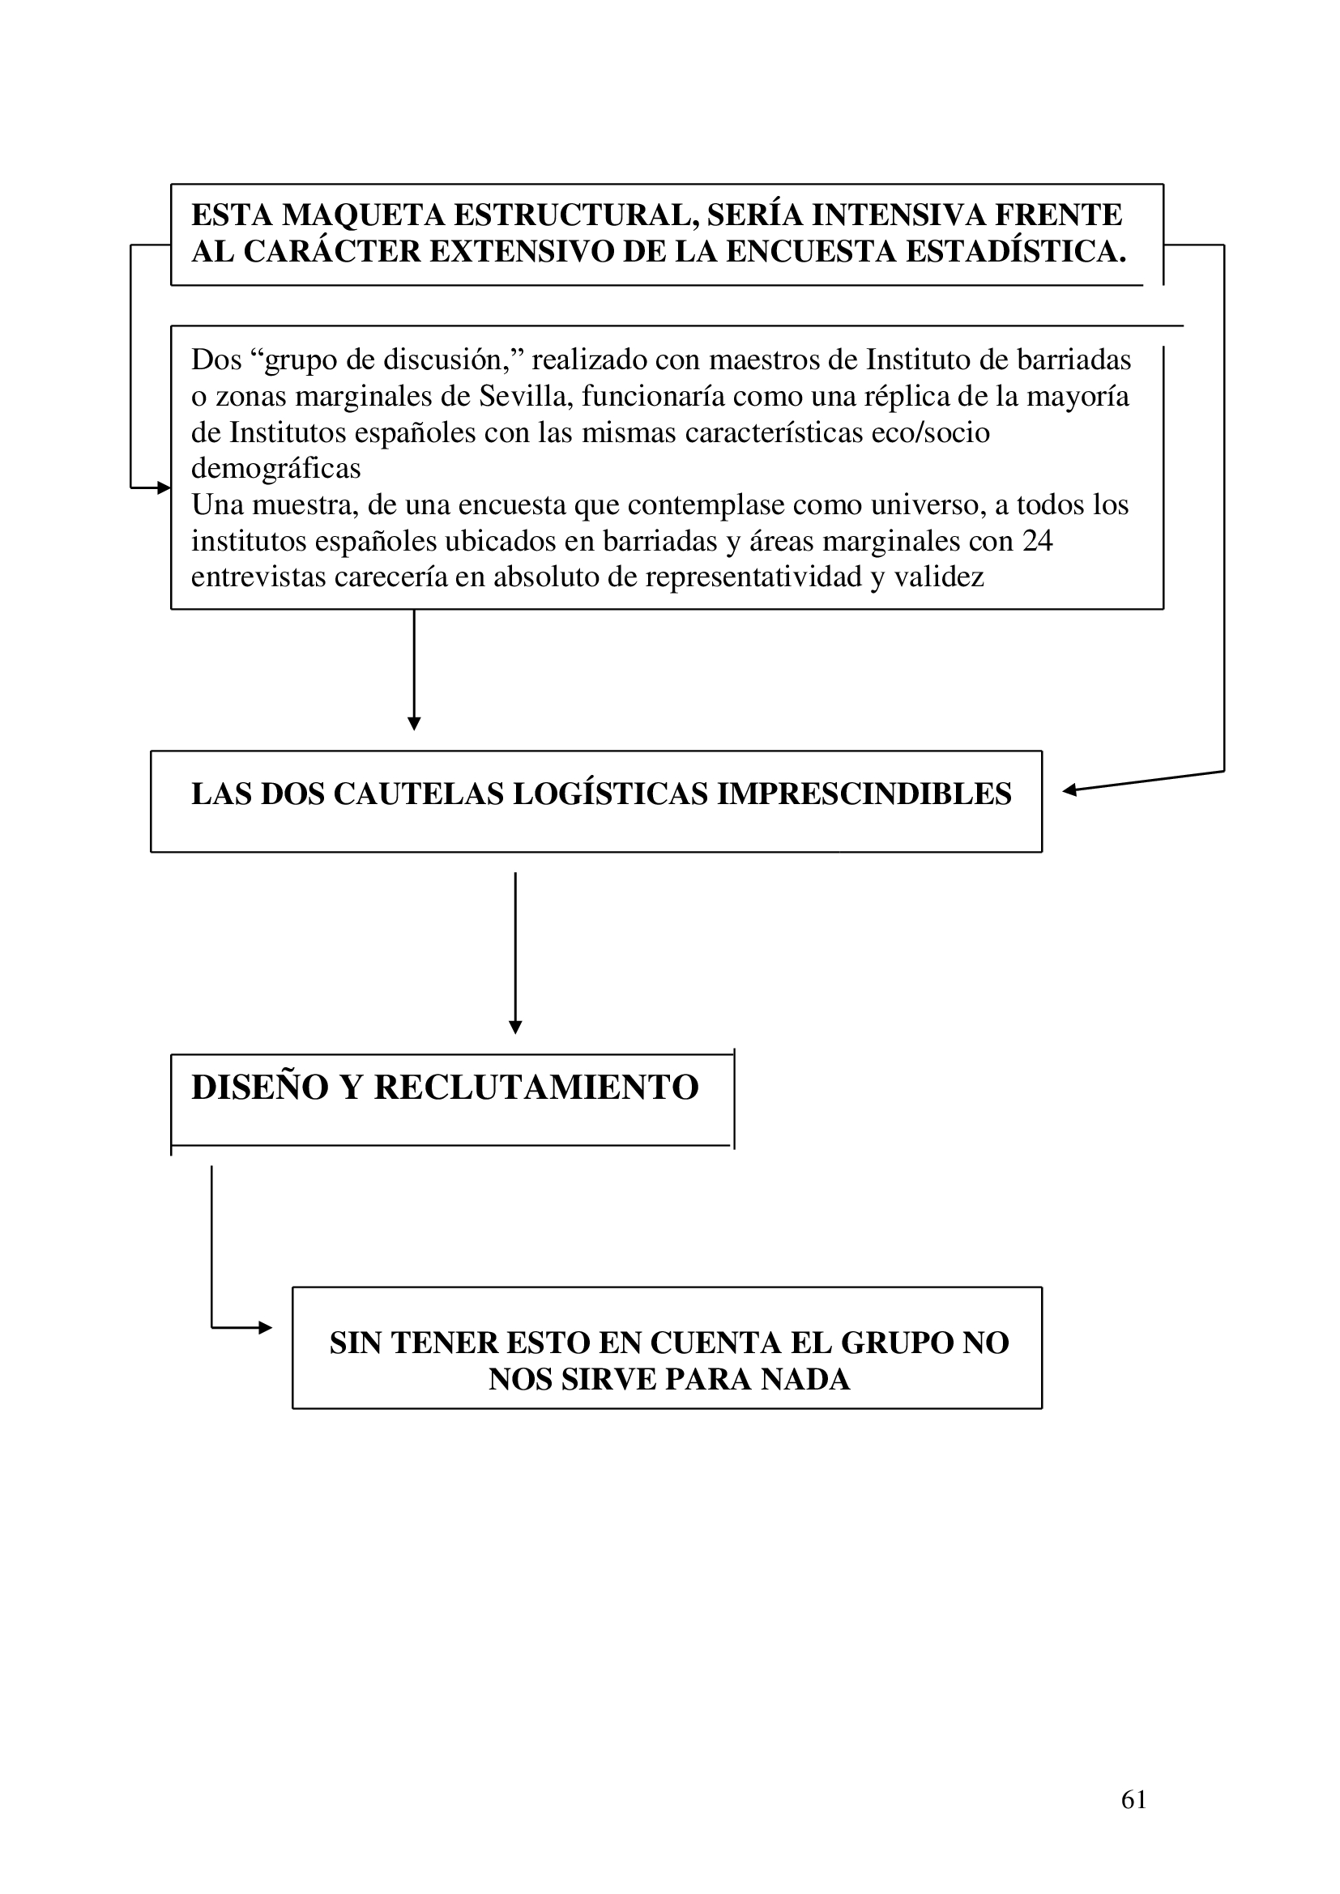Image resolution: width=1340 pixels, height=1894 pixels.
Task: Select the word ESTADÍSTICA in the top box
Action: [1016, 252]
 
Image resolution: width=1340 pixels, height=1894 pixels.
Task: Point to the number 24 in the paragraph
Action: [1037, 541]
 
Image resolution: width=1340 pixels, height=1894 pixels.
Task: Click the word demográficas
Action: [275, 469]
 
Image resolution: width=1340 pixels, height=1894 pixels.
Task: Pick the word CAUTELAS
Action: [418, 794]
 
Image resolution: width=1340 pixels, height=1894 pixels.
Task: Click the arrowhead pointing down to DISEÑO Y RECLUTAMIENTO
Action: [515, 1027]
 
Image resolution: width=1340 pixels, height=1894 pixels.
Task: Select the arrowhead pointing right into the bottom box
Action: [265, 1328]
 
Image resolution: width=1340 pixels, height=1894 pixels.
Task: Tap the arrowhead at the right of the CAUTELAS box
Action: [1070, 790]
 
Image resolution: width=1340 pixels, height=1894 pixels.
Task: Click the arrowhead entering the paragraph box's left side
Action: [164, 487]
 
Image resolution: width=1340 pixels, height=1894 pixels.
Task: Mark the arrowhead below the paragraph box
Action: [414, 724]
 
